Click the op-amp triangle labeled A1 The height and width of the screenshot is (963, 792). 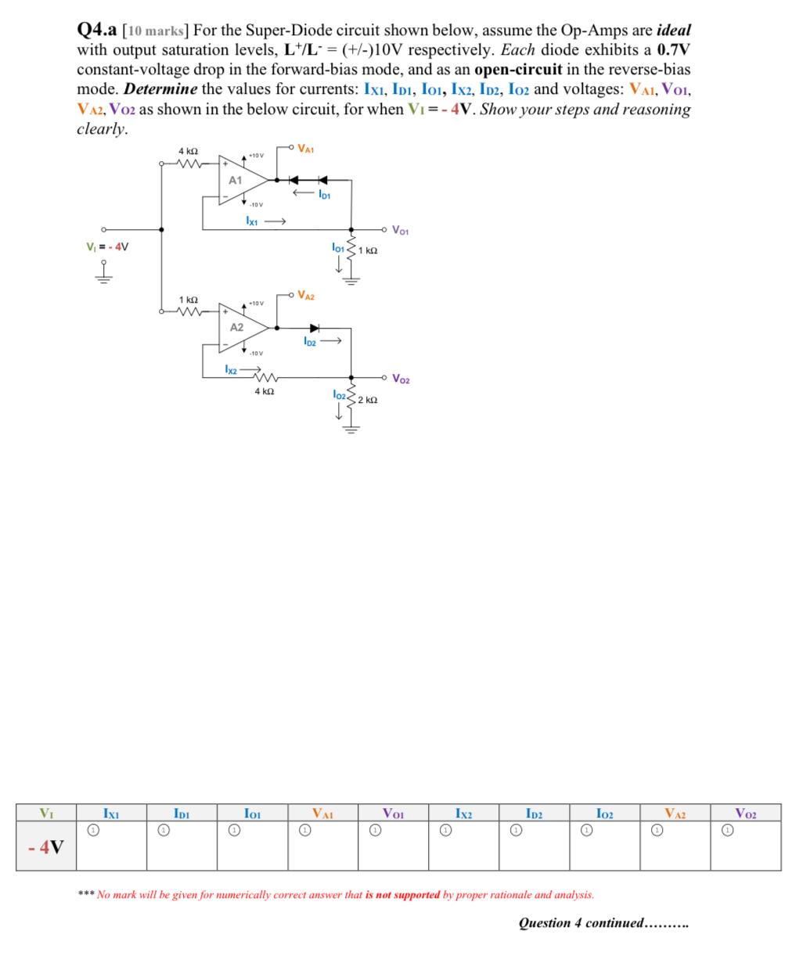pos(239,181)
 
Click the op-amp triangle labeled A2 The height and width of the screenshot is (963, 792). pos(238,327)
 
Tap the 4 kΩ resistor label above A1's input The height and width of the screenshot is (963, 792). pos(188,151)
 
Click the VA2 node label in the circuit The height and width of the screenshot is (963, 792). pos(306,296)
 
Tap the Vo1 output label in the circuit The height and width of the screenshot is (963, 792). pos(400,231)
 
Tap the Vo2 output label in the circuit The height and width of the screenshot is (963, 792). pos(400,379)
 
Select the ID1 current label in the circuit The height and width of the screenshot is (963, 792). pos(324,195)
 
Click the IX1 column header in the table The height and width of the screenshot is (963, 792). pos(111,813)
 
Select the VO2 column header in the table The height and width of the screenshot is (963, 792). pos(745,813)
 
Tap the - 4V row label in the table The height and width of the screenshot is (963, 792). pos(48,847)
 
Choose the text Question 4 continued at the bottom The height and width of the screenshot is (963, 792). pos(603,922)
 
